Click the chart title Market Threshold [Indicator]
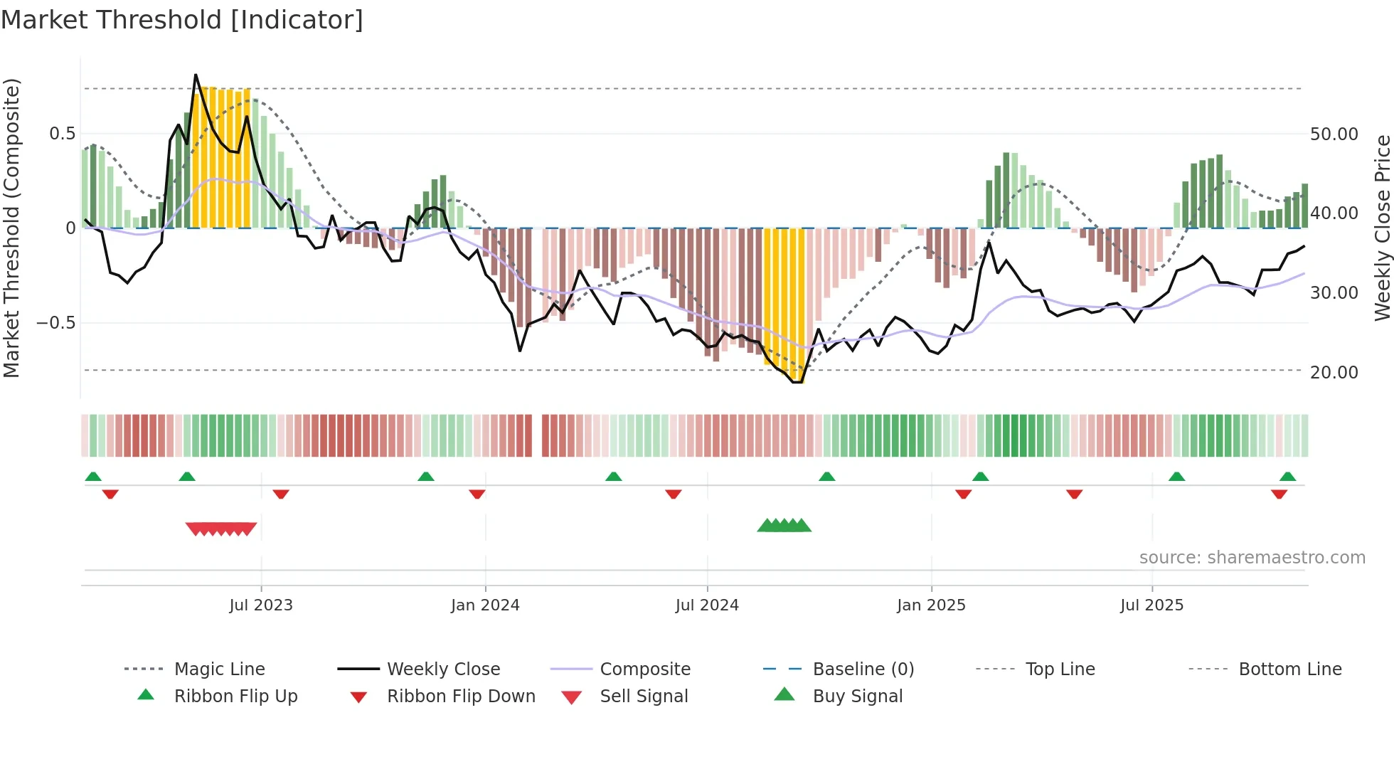(182, 20)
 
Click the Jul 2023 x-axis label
(261, 605)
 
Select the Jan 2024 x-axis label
(485, 605)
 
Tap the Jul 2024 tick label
(707, 605)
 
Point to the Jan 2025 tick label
(931, 605)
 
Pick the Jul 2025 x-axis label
(1151, 605)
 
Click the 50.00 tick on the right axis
(1334, 134)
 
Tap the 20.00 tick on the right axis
(1334, 373)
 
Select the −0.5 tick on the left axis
(55, 323)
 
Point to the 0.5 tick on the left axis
(62, 134)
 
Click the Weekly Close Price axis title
(1382, 228)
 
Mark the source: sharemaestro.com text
(1252, 558)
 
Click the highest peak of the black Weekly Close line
(196, 75)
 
